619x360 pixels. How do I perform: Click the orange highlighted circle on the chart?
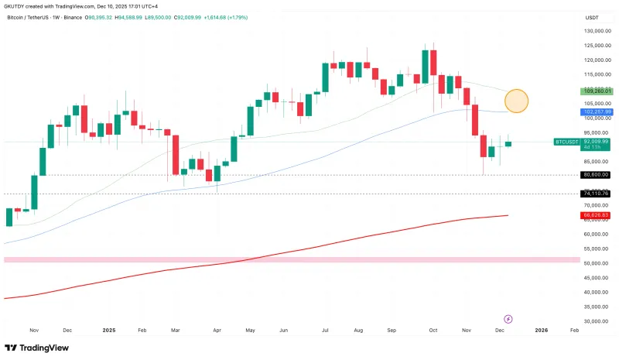click(x=516, y=101)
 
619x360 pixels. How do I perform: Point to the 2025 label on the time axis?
click(x=109, y=330)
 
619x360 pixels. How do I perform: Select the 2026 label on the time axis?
click(x=541, y=330)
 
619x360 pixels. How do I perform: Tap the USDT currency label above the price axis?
click(x=593, y=17)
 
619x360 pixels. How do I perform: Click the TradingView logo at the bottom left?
click(x=36, y=348)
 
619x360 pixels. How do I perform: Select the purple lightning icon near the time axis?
click(x=508, y=318)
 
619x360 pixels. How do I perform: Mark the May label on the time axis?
click(x=249, y=330)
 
